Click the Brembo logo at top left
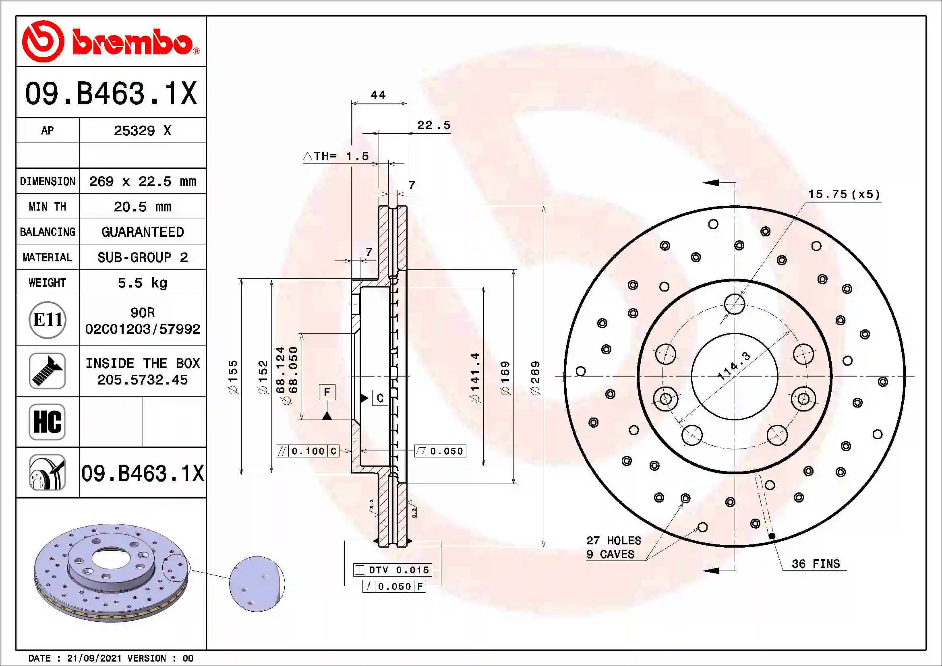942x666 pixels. click(110, 41)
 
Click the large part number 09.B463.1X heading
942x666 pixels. click(111, 93)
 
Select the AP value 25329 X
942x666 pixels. click(142, 131)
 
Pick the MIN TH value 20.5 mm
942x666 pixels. click(142, 207)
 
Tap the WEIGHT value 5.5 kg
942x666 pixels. click(142, 283)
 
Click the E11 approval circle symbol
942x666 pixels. click(48, 320)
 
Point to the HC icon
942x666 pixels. click(47, 422)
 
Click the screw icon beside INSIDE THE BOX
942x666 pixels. click(47, 371)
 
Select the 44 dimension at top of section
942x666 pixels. click(378, 95)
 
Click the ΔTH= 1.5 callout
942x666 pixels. click(336, 156)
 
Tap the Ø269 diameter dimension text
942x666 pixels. click(535, 378)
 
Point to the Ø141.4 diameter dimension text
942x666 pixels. click(475, 378)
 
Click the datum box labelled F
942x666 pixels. click(327, 393)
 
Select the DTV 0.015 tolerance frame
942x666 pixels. click(393, 570)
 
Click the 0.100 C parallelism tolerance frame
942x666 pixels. click(308, 451)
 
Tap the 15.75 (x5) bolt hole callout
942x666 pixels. click(844, 194)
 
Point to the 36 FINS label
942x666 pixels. click(816, 564)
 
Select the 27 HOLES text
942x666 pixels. click(613, 540)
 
